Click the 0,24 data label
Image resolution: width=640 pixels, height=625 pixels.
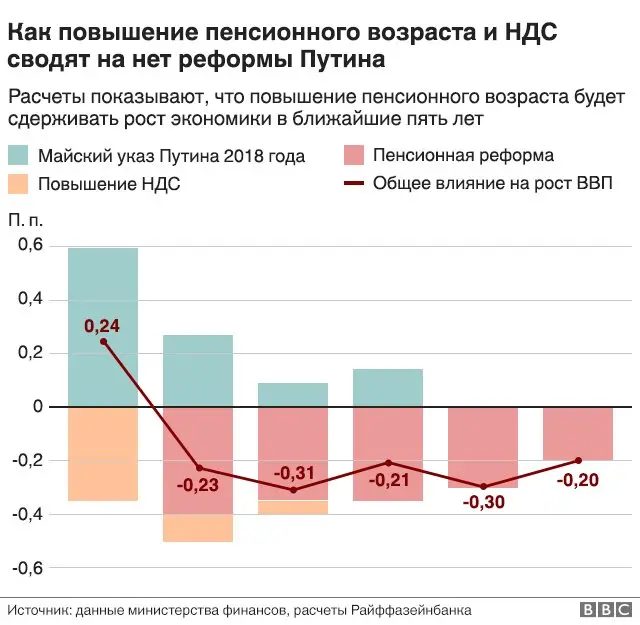click(x=101, y=326)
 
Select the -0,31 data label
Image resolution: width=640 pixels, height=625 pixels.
click(x=294, y=472)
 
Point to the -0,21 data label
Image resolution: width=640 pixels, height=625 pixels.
click(x=388, y=480)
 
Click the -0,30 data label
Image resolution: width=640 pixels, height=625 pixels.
click(x=483, y=502)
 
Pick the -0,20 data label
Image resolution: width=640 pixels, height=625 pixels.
click(x=578, y=479)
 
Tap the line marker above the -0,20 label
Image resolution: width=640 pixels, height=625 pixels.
click(x=578, y=460)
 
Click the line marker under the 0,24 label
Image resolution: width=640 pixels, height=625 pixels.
click(x=103, y=342)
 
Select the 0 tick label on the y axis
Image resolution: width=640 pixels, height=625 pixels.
click(x=38, y=407)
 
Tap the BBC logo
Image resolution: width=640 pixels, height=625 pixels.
click(x=605, y=609)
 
